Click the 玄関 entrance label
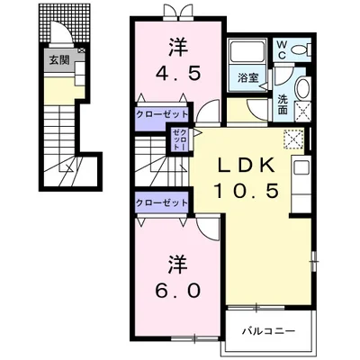59,60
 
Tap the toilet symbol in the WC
301,49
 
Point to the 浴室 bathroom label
248,77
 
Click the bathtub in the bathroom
247,52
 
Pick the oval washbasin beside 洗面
304,88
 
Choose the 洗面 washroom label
283,104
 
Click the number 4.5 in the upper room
178,74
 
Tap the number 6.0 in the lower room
177,291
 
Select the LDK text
246,166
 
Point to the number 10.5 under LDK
247,192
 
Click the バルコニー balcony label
269,331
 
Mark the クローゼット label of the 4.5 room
162,114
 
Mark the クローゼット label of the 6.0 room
162,203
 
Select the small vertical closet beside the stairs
180,139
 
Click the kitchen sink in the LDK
301,167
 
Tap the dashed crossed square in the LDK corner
293,139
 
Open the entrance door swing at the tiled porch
61,32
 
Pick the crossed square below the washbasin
303,112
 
